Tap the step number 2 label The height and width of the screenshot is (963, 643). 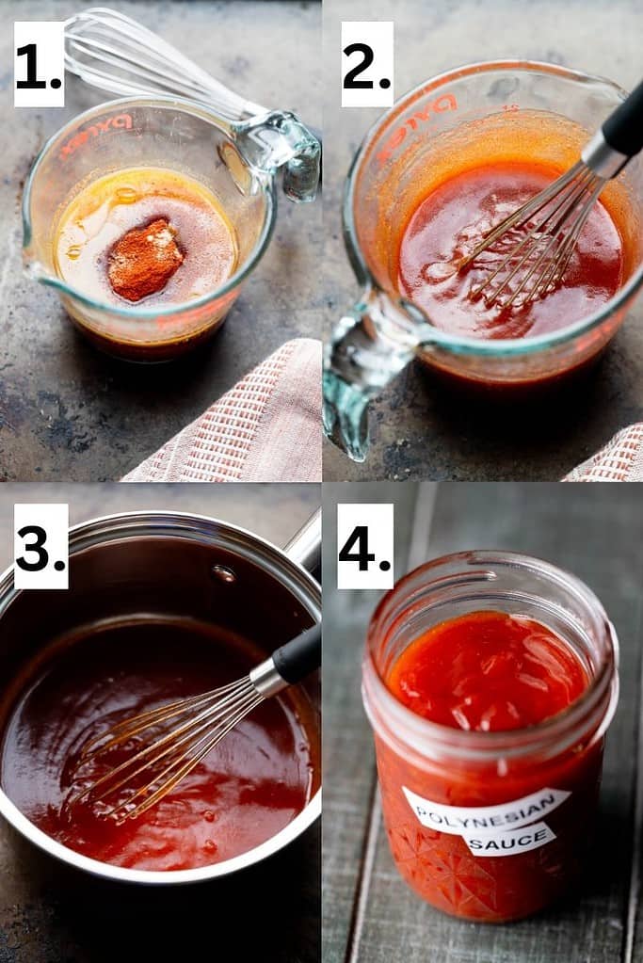[x=366, y=64]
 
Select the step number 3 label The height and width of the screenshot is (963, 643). [x=40, y=546]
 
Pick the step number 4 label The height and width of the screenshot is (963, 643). [x=365, y=546]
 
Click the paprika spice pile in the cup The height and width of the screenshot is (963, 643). [x=144, y=259]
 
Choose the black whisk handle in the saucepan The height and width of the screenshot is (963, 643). [x=297, y=655]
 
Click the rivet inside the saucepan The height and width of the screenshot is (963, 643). [x=224, y=572]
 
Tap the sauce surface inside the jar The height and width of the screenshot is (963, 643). [x=485, y=668]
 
